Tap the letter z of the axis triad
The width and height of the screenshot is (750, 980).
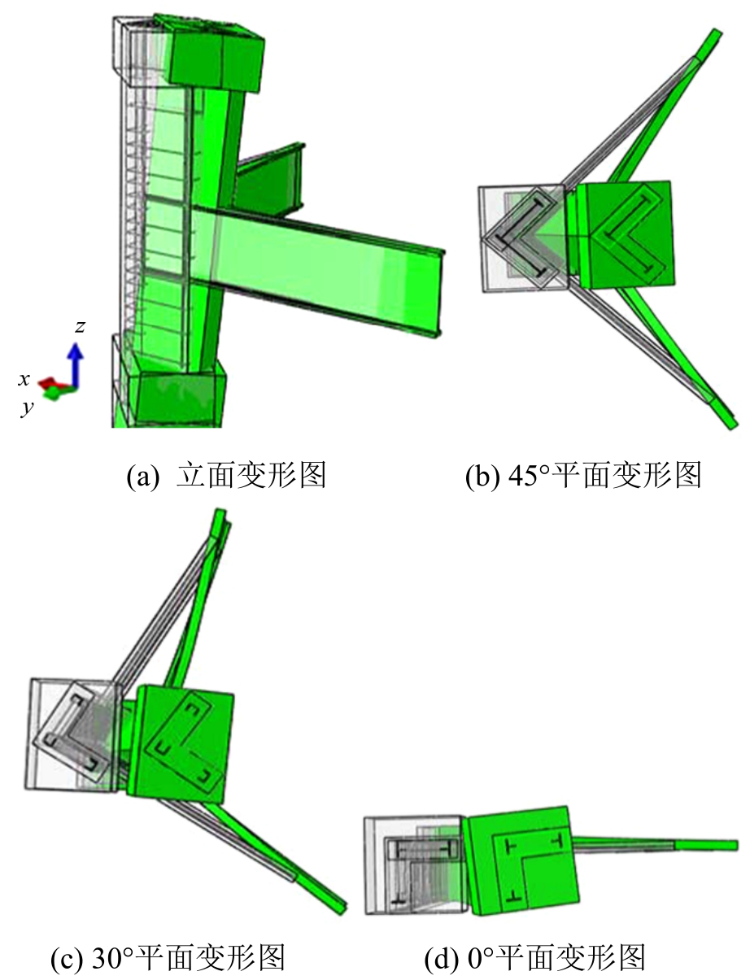point(81,326)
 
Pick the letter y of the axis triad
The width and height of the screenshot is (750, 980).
point(28,407)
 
